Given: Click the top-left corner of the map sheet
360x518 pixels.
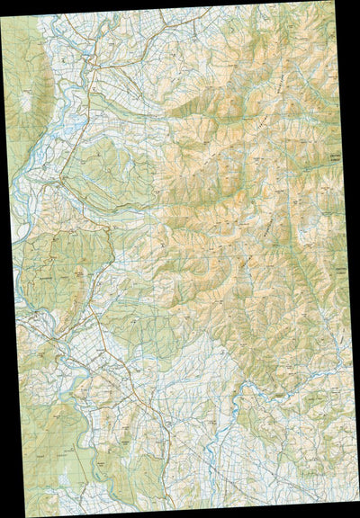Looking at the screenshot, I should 2,21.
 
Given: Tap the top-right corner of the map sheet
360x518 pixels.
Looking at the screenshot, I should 345,1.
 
